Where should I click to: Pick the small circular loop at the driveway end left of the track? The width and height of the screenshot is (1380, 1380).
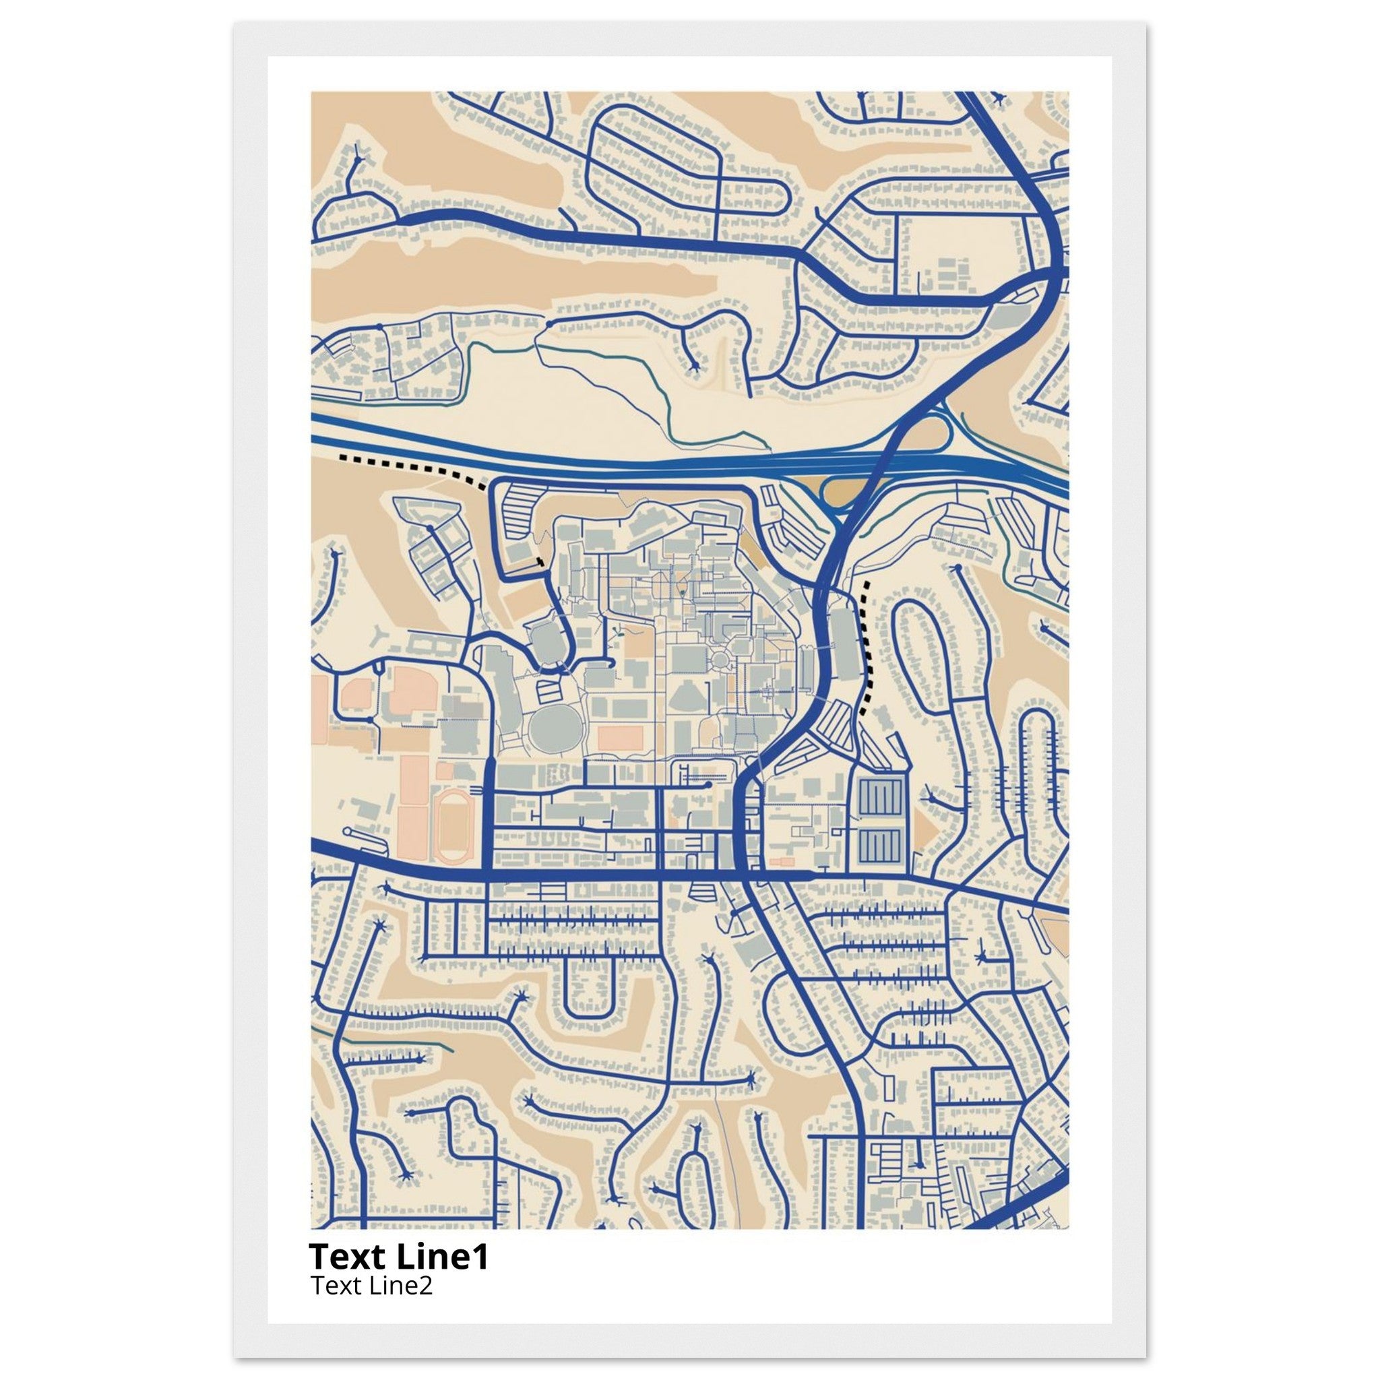coord(348,833)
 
